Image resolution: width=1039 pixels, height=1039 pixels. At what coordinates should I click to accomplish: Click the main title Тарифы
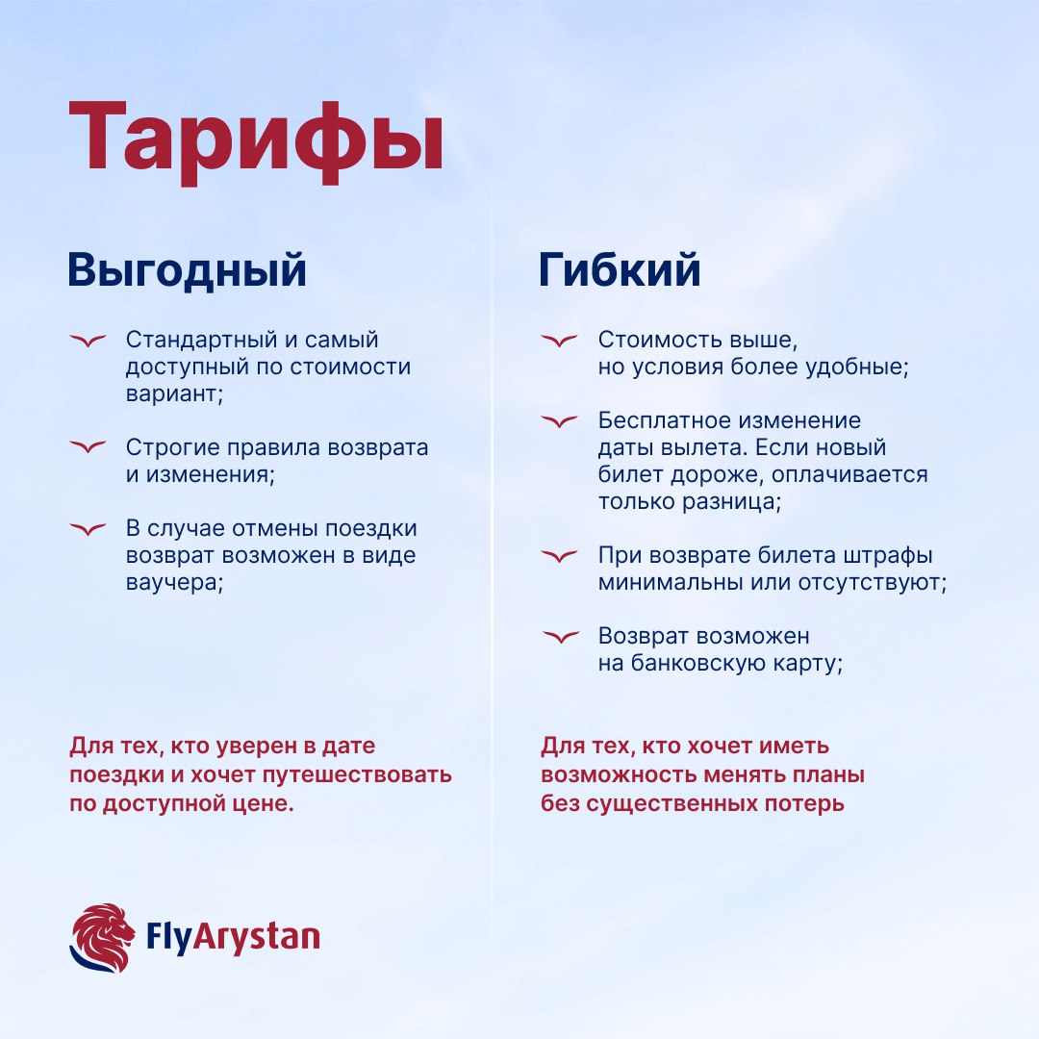pos(256,140)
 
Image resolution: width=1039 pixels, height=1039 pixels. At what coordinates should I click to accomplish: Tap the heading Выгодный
pos(187,270)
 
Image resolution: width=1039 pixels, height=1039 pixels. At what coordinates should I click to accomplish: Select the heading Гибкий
pos(619,269)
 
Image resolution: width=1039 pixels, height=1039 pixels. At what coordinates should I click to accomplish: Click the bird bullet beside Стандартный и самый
pos(89,341)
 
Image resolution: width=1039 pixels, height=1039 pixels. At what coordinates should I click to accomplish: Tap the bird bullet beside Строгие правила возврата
pos(89,447)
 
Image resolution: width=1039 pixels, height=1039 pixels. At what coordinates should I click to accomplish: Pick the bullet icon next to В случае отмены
pos(89,529)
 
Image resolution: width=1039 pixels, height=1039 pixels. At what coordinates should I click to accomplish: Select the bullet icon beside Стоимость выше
pos(560,341)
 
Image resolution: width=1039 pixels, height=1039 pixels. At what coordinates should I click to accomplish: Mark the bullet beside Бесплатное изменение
pos(560,420)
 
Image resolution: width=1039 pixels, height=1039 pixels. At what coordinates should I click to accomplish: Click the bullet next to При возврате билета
pos(560,556)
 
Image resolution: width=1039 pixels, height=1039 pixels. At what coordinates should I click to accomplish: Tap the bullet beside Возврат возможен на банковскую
pos(561,637)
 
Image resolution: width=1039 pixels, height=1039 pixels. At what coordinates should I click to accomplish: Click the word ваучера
pos(174,583)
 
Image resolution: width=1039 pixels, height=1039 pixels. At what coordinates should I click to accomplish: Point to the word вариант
pos(174,394)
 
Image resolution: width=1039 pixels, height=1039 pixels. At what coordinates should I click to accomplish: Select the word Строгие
pos(173,448)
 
